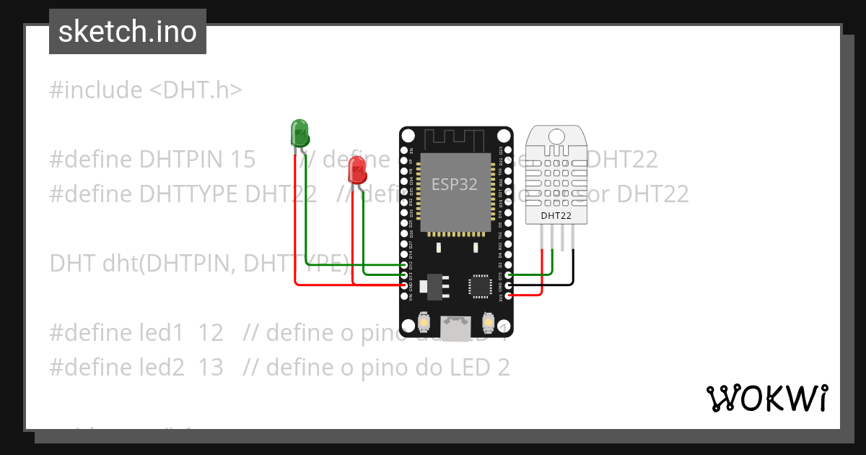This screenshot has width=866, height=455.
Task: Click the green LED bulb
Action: [299, 133]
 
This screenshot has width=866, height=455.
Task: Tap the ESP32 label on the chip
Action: [455, 184]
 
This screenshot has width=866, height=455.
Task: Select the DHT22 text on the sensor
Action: [556, 215]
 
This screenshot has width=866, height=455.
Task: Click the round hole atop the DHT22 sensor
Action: [556, 136]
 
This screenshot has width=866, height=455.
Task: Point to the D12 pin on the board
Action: [404, 264]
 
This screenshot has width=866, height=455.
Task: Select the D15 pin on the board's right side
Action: [509, 275]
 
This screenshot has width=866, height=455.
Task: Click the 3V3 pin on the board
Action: [509, 295]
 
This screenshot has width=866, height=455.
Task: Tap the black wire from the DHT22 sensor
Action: [574, 267]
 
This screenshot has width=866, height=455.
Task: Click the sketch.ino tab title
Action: [128, 32]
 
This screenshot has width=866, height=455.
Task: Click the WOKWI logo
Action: [766, 398]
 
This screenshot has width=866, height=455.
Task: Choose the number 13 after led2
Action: [211, 368]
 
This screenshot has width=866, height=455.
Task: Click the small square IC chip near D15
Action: [480, 285]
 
